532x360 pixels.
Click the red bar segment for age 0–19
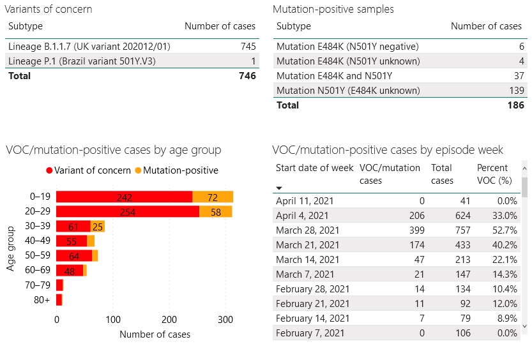[124, 197]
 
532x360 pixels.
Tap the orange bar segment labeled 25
[98, 227]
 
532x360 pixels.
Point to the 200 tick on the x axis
[169, 319]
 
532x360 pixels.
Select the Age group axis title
[11, 248]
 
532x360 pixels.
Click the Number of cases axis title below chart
[155, 334]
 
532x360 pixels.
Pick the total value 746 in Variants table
[247, 76]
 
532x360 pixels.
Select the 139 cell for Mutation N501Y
[513, 91]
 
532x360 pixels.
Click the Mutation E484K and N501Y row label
[334, 76]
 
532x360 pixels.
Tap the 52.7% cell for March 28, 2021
[505, 230]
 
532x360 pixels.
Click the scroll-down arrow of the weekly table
[524, 326]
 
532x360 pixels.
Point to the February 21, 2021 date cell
[312, 304]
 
